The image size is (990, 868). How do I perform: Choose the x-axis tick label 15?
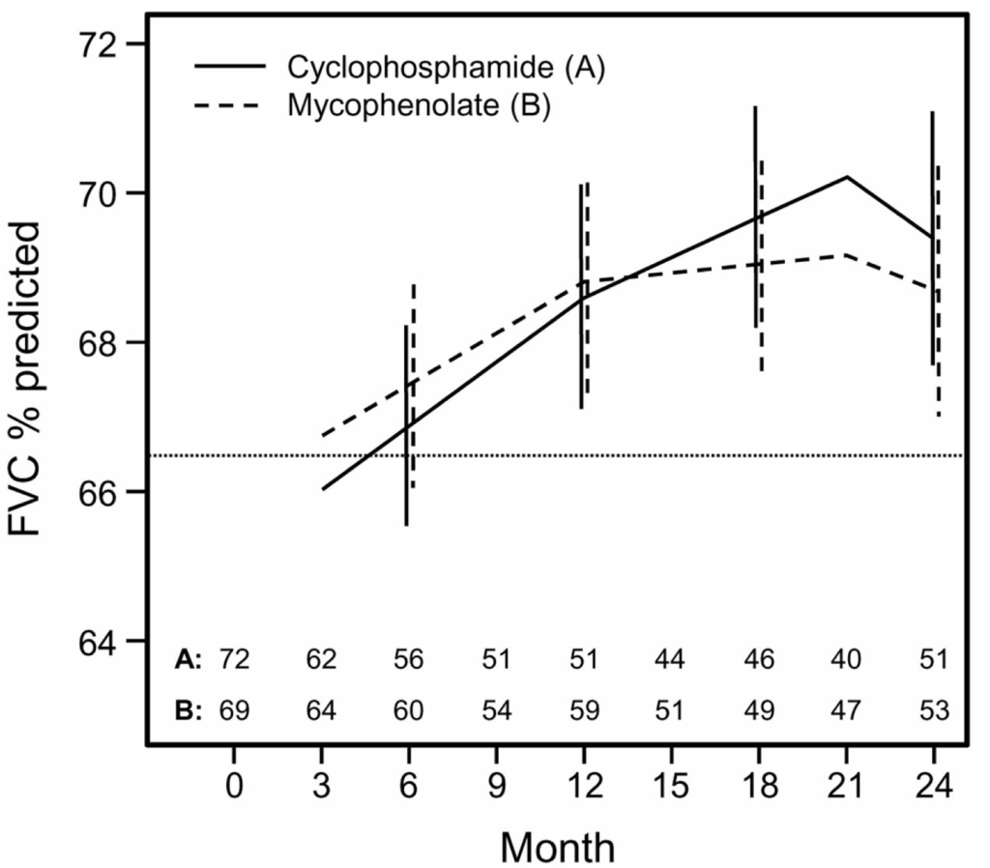tap(669, 785)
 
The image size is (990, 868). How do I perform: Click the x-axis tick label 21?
tap(846, 785)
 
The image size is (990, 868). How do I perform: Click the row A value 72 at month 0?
tap(234, 660)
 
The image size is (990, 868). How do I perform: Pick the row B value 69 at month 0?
tap(234, 710)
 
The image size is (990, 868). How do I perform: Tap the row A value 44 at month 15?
tap(669, 660)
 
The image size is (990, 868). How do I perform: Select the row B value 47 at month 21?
tap(846, 710)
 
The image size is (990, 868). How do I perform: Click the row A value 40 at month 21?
tap(846, 660)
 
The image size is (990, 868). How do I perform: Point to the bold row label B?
tap(188, 710)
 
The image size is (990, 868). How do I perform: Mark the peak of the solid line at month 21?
tap(847, 177)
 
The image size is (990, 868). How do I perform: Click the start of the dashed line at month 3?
tap(322, 436)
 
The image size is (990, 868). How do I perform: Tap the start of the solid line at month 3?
tap(322, 489)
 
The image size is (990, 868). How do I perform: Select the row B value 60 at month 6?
tap(408, 710)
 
